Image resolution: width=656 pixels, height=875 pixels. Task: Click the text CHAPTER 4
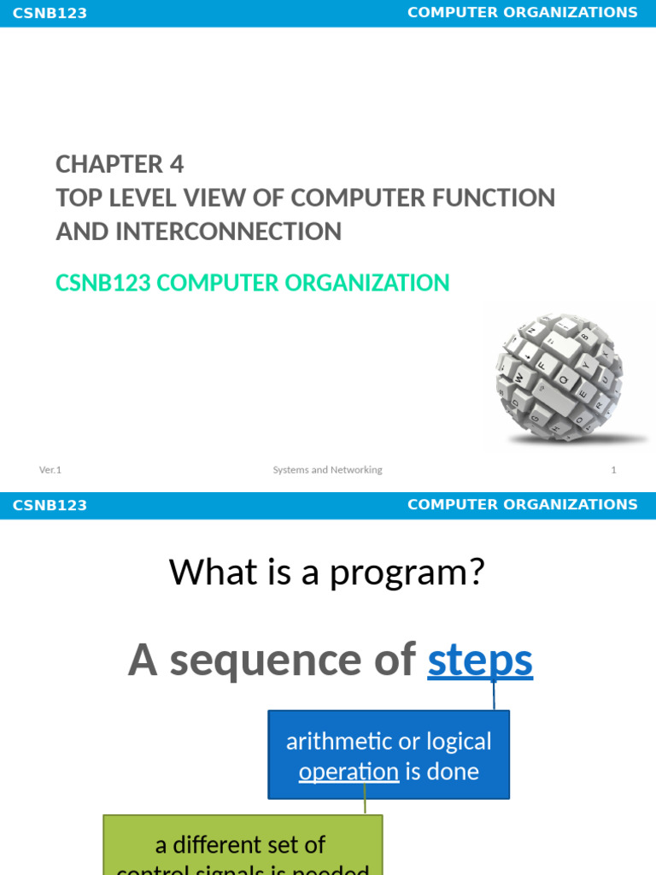120,163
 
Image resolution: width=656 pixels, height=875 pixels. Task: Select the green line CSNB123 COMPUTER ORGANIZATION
252,283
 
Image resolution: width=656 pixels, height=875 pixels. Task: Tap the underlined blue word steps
480,661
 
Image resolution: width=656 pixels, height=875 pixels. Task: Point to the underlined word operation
348,772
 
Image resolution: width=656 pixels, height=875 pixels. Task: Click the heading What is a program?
327,572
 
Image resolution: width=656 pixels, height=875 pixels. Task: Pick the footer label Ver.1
50,470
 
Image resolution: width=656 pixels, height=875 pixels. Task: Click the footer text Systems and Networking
327,470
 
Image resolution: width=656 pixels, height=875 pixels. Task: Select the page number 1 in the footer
613,470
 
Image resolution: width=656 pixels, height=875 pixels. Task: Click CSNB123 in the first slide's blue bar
50,13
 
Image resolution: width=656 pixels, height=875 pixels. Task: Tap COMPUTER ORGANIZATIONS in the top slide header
522,12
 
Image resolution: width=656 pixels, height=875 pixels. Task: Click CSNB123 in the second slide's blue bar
50,505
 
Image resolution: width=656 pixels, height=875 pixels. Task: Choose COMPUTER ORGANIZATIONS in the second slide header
522,504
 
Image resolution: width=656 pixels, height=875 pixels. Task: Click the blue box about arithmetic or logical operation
389,755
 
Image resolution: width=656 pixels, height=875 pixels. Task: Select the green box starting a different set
243,846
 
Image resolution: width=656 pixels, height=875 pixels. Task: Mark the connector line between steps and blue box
494,696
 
